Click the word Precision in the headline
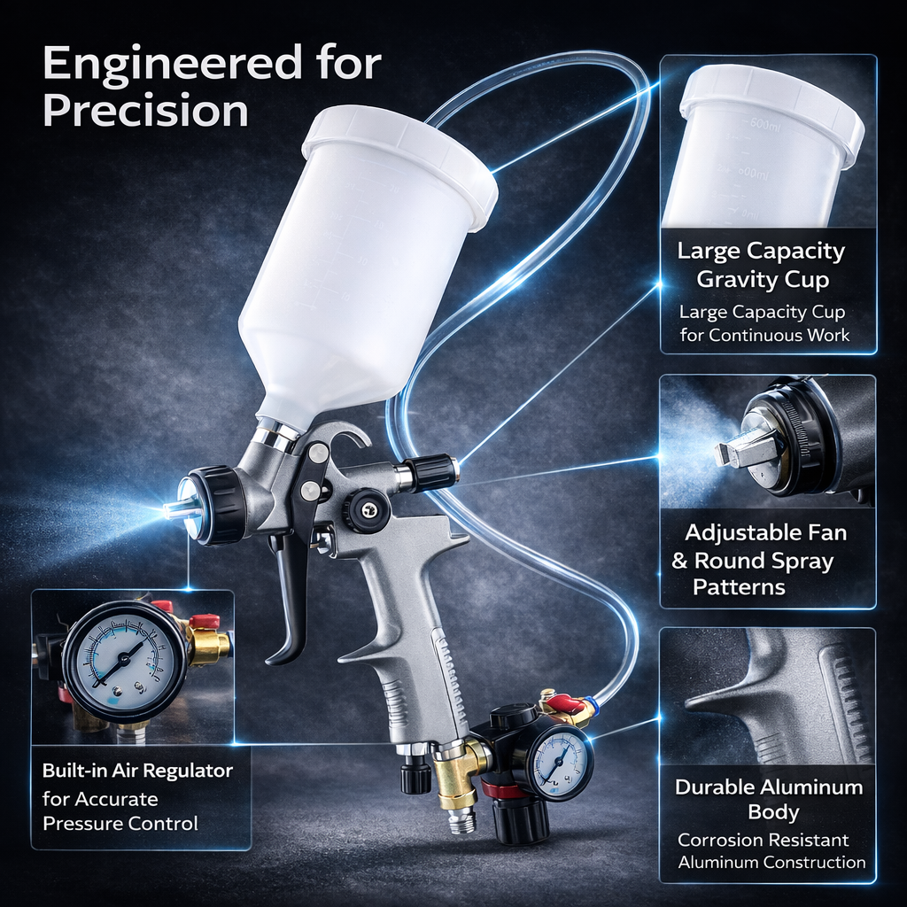click(x=145, y=111)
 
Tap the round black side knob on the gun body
click(x=366, y=511)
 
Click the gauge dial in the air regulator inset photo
click(x=124, y=661)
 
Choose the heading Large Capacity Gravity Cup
click(x=761, y=265)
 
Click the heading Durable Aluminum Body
click(x=768, y=799)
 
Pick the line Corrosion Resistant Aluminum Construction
click(x=768, y=850)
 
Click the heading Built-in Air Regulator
click(x=137, y=771)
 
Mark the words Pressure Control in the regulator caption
click(x=120, y=824)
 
